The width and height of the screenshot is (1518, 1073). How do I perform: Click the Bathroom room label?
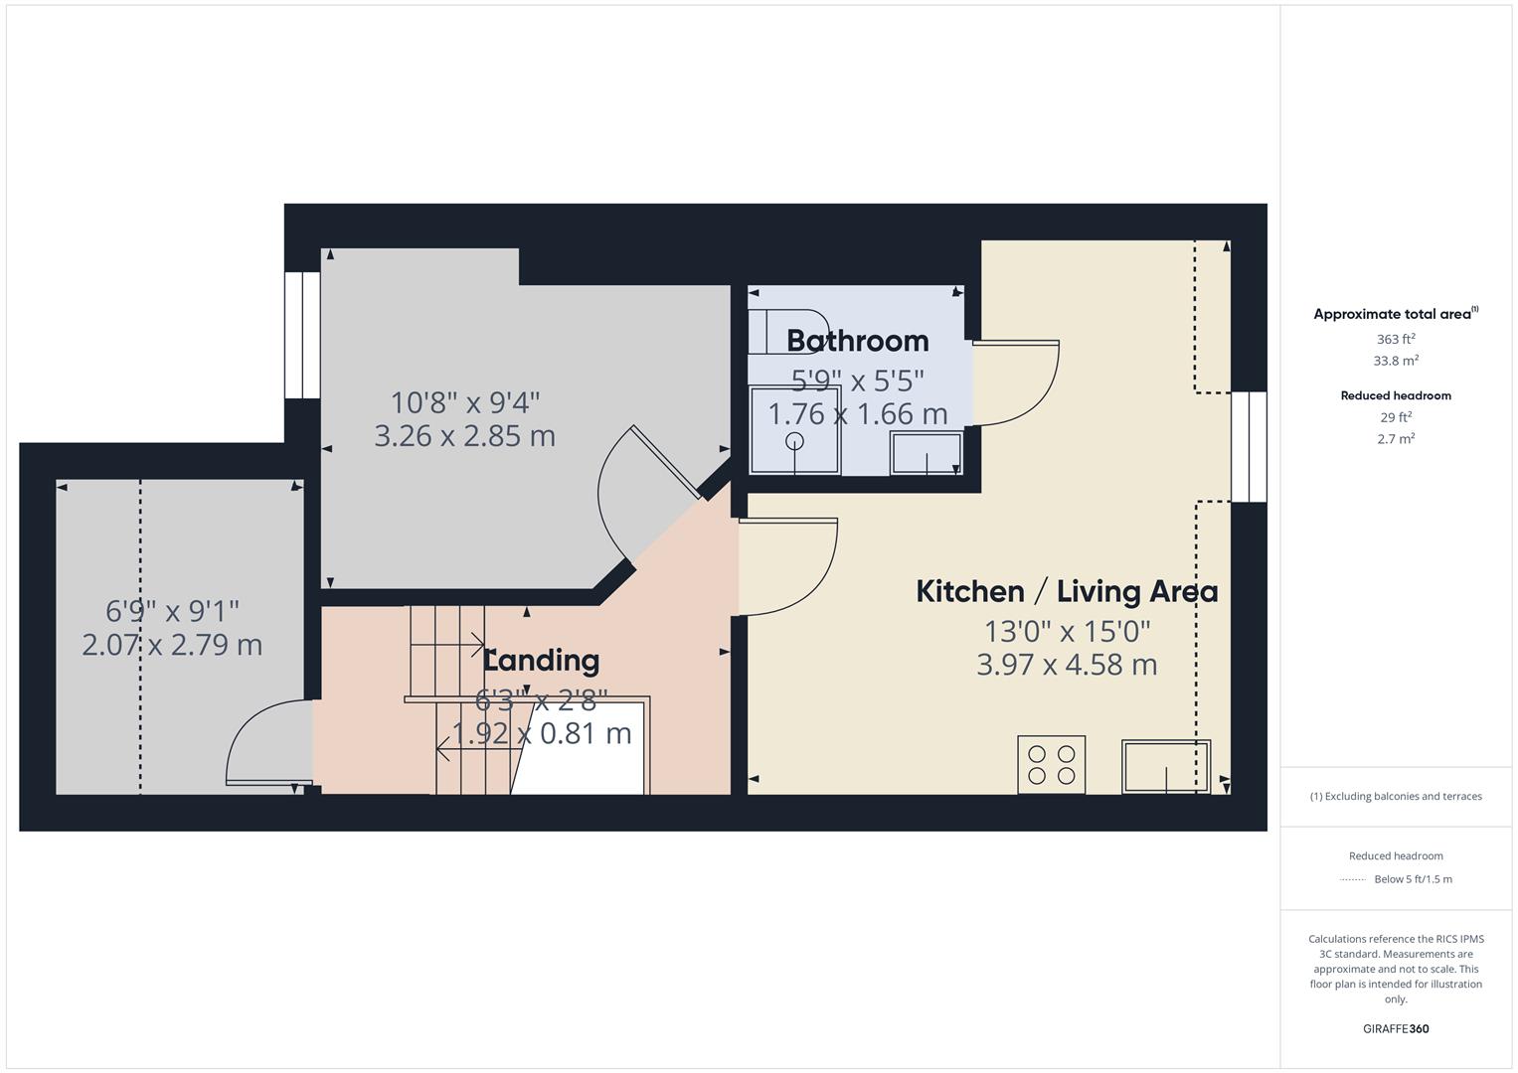(x=857, y=341)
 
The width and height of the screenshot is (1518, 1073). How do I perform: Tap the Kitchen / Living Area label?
(x=1066, y=592)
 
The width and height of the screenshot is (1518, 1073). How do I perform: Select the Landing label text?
(x=542, y=661)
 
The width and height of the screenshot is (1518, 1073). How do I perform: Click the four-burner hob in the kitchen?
(x=1051, y=764)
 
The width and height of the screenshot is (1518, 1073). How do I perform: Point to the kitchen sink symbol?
(x=1165, y=766)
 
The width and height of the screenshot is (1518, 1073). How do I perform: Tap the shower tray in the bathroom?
(x=794, y=430)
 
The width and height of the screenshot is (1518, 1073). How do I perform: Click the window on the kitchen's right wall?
(x=1249, y=446)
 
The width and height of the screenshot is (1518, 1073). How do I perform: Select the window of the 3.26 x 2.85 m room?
(x=302, y=335)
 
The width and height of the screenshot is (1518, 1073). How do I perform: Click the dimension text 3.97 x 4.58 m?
(x=1066, y=665)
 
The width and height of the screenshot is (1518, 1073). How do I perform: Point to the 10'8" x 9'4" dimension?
(x=464, y=403)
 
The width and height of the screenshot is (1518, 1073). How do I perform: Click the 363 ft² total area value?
(x=1395, y=339)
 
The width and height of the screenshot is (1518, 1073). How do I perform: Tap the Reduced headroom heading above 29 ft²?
(x=1395, y=395)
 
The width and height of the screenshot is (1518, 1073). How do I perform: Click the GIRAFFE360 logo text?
(x=1395, y=1028)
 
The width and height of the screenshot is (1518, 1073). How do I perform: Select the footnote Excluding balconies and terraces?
(x=1395, y=796)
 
